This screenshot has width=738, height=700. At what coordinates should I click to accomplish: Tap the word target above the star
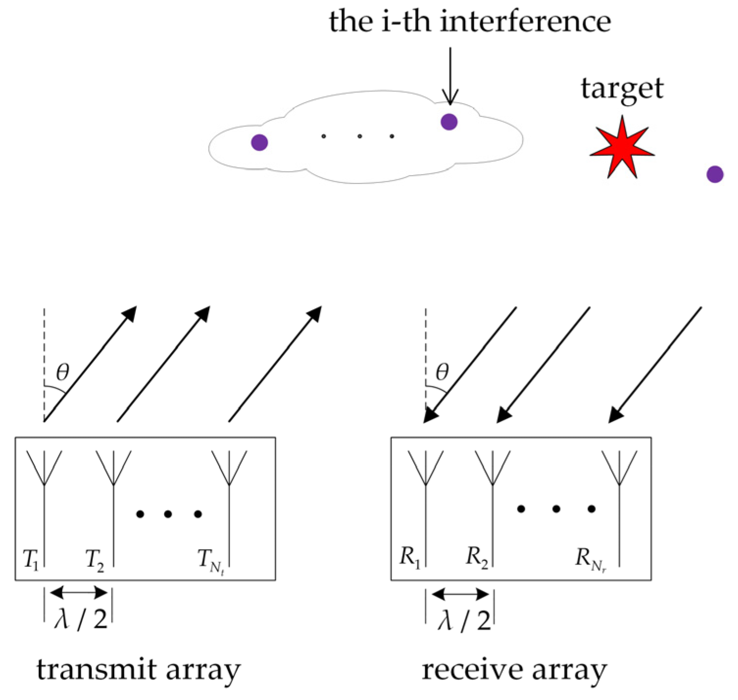pos(622,89)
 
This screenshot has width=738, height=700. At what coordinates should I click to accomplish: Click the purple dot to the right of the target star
pos(715,174)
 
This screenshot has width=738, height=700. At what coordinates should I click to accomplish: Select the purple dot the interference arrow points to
pos(449,121)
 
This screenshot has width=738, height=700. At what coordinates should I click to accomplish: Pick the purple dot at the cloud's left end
pos(259,142)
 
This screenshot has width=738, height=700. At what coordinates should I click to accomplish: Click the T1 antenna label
pos(31,559)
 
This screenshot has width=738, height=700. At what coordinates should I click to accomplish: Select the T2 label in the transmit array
pos(95,560)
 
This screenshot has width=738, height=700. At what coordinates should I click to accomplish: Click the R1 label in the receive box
pos(410,557)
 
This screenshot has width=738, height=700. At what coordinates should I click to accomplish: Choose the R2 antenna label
pos(476,557)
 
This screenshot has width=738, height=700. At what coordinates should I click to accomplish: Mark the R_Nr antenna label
pos(590,559)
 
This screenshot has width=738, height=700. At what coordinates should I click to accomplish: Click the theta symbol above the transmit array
pos(63,373)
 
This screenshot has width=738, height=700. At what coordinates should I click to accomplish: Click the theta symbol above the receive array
pos(442,373)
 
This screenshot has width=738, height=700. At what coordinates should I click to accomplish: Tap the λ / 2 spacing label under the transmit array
pos(81,619)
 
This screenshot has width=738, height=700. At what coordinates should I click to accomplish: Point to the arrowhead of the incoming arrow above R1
pos(430,415)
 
